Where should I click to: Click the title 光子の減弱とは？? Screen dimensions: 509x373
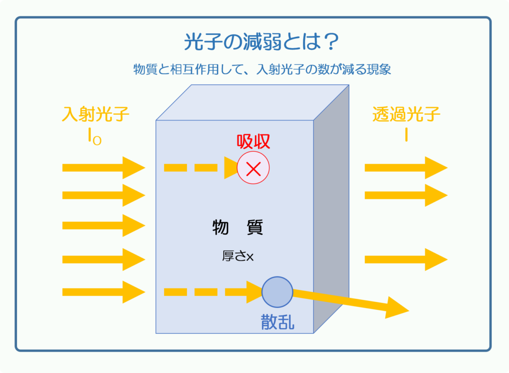tap(261, 42)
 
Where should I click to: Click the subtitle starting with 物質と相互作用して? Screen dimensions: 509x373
tap(262, 69)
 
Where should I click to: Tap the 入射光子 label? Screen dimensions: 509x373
tap(95, 114)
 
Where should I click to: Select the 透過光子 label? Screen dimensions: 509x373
tap(406, 114)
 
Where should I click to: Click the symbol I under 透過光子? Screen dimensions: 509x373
tap(406, 135)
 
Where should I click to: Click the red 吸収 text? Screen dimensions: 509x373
tap(253, 142)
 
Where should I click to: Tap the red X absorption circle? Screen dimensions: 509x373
tap(253, 168)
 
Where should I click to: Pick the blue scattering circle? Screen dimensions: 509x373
tap(277, 292)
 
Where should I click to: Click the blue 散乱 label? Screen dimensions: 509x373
tap(277, 322)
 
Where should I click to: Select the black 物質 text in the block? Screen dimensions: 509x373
tap(238, 227)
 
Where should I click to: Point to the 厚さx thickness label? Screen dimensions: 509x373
tap(238, 256)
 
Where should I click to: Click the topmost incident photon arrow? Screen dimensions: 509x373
tap(104, 168)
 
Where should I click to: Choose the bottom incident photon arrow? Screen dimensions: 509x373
tap(104, 292)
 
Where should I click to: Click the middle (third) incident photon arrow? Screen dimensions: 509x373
tap(104, 225)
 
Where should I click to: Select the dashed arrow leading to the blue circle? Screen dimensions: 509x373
tap(213, 292)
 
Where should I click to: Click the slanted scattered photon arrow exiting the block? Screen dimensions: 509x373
tap(350, 303)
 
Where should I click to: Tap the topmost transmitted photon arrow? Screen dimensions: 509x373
tap(406, 168)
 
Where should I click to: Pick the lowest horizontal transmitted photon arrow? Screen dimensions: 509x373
tap(406, 259)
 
